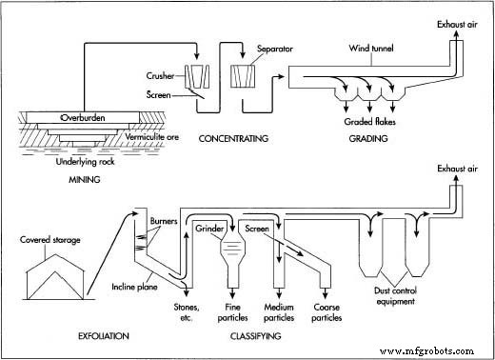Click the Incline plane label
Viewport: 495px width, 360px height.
pos(129,284)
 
